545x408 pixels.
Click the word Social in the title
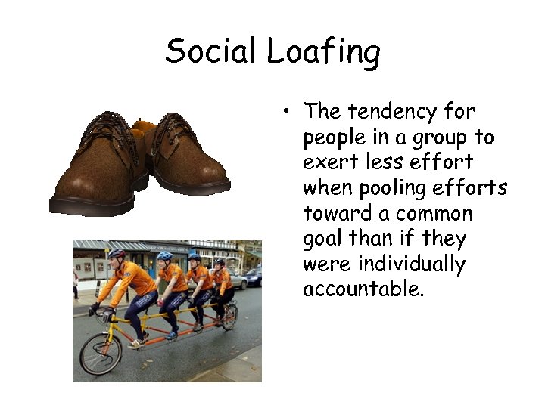(x=212, y=51)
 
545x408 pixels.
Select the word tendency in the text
(x=392, y=113)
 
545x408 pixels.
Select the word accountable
(x=363, y=290)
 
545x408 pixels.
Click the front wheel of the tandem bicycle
(x=101, y=354)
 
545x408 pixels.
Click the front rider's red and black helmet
(x=117, y=254)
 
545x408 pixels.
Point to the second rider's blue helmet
(x=165, y=256)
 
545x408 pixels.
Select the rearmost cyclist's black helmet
(x=220, y=261)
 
